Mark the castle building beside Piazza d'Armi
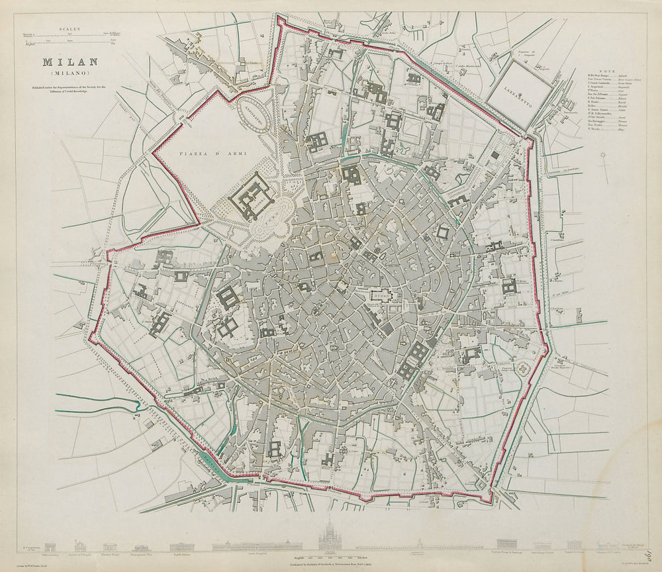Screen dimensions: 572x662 pos(252,196)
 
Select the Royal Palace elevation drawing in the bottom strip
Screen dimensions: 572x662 pos(179,546)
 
